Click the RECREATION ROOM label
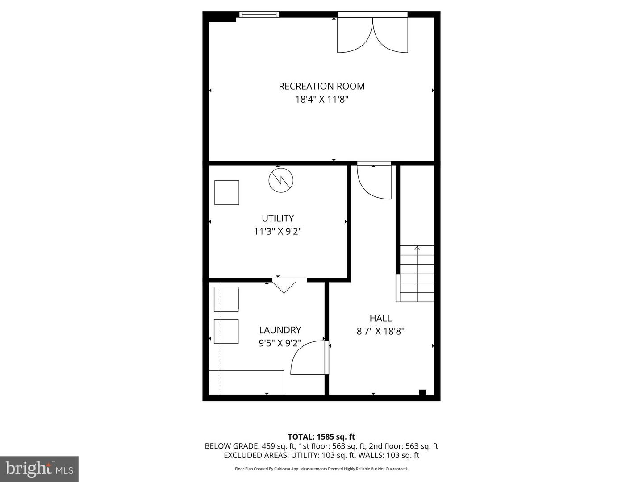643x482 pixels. tap(321, 86)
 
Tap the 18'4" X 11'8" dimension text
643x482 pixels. tap(321, 99)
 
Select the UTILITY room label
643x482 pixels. tap(278, 218)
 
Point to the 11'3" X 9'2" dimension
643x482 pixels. tap(278, 231)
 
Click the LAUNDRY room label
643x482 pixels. tap(280, 330)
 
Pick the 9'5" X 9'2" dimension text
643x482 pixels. tap(280, 343)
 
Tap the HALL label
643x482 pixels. tap(380, 318)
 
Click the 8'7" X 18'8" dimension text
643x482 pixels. tap(380, 331)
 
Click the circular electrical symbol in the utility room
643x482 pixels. tap(281, 180)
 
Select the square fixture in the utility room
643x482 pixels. tap(227, 192)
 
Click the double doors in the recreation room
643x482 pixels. tap(372, 35)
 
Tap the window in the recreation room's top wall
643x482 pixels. tap(259, 14)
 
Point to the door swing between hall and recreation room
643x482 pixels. tap(374, 181)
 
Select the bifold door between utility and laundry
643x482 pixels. tap(284, 285)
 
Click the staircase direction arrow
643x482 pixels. tap(417, 248)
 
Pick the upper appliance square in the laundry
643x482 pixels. tap(226, 299)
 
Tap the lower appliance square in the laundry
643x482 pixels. tap(226, 331)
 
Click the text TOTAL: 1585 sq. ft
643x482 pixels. tap(321, 437)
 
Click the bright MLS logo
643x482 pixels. tap(39, 469)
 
